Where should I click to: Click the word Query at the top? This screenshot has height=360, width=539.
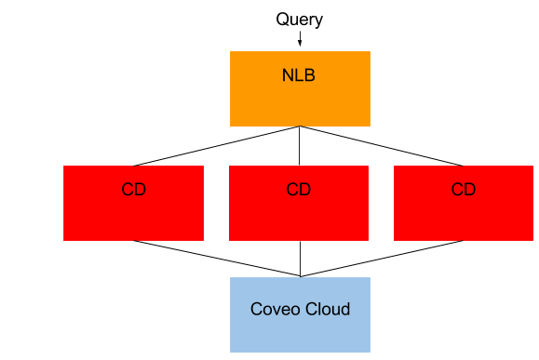[299, 20]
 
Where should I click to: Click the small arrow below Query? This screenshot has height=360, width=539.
[300, 38]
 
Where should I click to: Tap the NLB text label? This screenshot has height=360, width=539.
[299, 75]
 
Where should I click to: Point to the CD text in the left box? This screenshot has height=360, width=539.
[133, 190]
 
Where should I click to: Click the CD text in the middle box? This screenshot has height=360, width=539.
[299, 190]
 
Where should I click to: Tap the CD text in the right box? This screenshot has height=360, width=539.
[464, 190]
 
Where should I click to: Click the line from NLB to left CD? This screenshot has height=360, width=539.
[216, 146]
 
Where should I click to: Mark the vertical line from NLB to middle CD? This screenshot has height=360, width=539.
[300, 146]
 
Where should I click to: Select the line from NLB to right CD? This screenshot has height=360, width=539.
[382, 146]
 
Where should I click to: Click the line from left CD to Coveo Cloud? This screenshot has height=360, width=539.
[216, 258]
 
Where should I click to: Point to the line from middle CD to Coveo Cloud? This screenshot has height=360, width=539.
[300, 259]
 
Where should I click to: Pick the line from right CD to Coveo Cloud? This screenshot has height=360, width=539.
[382, 258]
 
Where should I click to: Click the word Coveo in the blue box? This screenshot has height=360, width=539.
[275, 309]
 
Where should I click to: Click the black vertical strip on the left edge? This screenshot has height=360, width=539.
[30, 180]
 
